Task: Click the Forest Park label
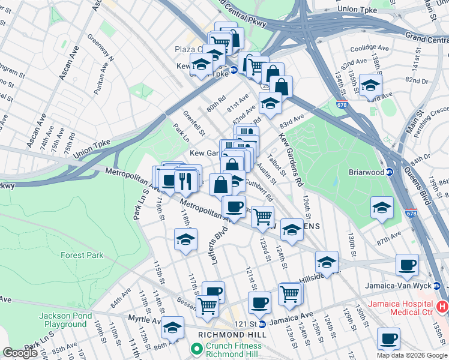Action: (x=82, y=255)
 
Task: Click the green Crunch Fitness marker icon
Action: (x=196, y=349)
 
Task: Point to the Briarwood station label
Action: (x=366, y=171)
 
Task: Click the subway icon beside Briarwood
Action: (x=388, y=171)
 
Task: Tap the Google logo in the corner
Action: (x=20, y=353)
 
